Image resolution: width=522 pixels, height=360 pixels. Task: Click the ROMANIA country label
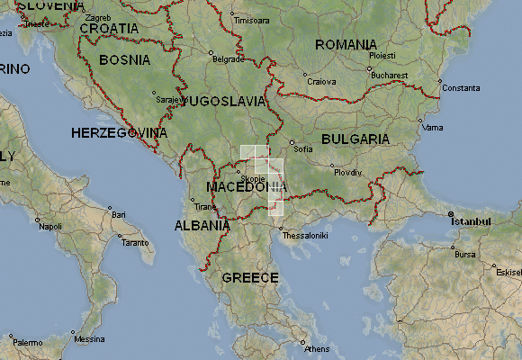tap(346, 45)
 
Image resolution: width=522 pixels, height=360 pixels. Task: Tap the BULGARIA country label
tap(355, 139)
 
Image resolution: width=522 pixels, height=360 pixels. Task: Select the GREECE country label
tap(250, 277)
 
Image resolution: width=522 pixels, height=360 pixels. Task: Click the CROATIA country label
tap(110, 29)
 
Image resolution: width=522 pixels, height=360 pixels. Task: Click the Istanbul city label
tap(472, 220)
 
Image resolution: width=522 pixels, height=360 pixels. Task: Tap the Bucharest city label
tap(388, 76)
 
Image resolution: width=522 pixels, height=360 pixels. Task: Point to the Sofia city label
tap(302, 148)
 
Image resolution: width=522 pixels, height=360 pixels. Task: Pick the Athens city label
tap(317, 348)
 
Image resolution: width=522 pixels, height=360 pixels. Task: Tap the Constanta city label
tap(461, 87)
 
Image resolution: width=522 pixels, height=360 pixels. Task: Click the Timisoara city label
tap(251, 20)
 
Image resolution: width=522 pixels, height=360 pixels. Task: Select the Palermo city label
tap(27, 342)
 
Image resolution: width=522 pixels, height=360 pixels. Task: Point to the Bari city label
tap(119, 214)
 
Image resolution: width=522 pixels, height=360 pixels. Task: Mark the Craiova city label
tap(321, 81)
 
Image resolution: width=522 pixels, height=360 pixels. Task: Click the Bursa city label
tap(465, 255)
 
